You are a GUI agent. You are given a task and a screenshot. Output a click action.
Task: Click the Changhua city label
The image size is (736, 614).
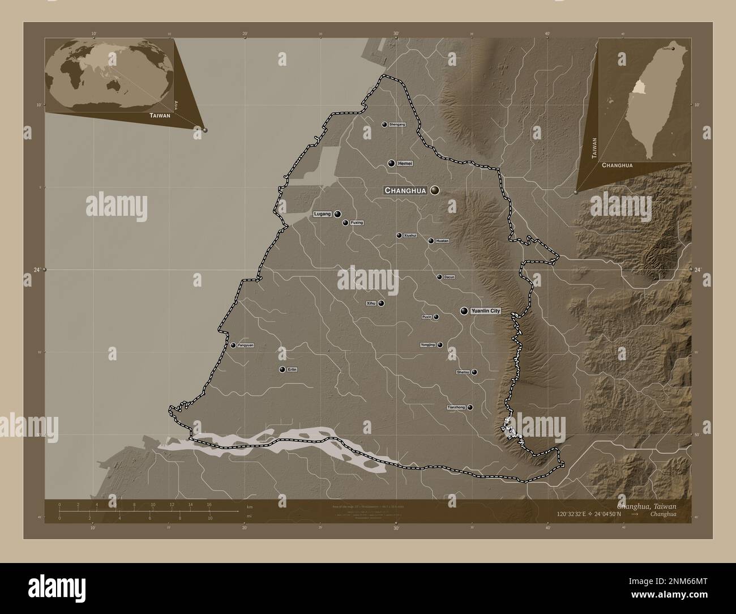405,191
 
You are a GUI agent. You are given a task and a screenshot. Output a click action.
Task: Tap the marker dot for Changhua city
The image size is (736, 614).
435,190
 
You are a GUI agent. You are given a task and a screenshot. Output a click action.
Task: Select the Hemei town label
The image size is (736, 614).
405,163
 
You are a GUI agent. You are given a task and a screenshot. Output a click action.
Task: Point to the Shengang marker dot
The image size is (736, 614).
384,125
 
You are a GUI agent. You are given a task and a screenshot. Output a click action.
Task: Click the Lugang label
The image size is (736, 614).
322,214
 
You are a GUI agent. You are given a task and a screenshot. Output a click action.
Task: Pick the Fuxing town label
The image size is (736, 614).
357,223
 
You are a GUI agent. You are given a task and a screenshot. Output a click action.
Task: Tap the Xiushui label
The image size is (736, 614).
410,235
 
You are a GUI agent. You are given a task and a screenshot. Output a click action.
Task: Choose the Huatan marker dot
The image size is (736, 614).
431,241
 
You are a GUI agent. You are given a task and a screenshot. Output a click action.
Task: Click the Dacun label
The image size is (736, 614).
449,277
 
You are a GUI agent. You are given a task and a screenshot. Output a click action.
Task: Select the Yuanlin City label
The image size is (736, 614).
486,311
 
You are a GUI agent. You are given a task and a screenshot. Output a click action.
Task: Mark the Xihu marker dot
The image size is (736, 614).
381,303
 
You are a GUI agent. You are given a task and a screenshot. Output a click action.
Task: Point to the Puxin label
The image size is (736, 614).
427,317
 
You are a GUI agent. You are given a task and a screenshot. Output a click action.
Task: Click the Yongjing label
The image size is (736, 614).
427,345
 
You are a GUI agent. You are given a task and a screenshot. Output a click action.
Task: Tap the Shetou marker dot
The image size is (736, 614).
474,372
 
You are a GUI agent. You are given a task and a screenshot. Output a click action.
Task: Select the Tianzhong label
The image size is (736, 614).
456,407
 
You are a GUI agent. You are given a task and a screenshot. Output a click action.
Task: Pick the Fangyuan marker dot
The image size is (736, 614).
233,345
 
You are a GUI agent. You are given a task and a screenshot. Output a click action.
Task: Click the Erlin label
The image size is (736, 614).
292,369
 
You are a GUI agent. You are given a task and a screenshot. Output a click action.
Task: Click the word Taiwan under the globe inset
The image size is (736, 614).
160,115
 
